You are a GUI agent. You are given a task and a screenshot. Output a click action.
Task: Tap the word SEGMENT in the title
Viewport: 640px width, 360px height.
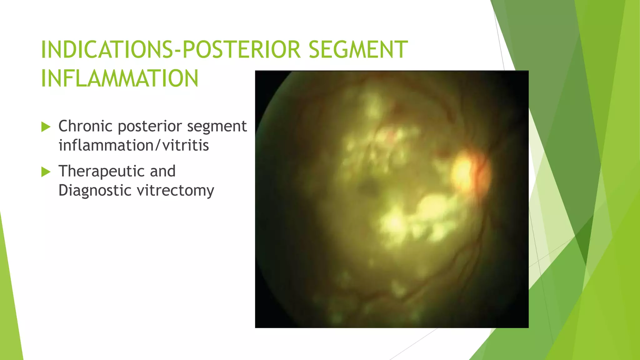click(358, 49)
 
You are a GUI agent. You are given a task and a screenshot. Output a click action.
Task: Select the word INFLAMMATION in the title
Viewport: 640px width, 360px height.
click(120, 78)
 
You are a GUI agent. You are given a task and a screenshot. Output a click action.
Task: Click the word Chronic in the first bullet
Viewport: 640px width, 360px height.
click(85, 126)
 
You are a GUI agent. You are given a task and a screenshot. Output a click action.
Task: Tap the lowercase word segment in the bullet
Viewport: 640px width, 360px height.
click(217, 126)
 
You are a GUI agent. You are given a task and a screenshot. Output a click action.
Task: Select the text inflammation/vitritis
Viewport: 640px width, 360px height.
click(134, 145)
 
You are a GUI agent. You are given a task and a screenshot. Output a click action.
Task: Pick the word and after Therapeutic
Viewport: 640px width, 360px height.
click(162, 171)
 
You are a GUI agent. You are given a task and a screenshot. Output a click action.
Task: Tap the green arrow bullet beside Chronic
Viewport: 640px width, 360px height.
click(46, 127)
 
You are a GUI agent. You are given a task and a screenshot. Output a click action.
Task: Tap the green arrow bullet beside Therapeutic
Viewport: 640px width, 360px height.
click(46, 172)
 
